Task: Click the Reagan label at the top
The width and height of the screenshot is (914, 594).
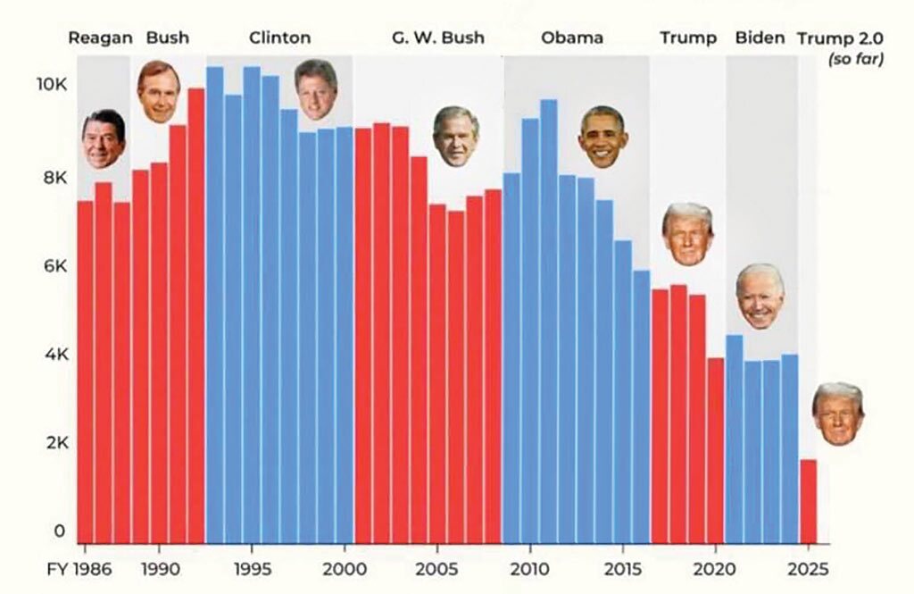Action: point(100,38)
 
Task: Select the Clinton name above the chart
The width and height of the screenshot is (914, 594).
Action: point(279,38)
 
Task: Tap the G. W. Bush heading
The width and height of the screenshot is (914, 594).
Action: point(437,38)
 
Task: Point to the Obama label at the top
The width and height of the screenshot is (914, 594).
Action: point(571,38)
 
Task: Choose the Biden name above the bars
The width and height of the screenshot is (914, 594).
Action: point(760,38)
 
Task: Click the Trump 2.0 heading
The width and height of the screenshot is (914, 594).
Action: point(840,38)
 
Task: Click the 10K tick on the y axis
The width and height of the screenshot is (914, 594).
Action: point(51,85)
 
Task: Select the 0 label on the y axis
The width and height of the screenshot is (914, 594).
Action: point(60,531)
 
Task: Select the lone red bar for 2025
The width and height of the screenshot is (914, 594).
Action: point(808,500)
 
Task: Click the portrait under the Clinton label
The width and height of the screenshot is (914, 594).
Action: point(316,89)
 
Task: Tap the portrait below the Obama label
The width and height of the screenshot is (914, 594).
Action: point(603,137)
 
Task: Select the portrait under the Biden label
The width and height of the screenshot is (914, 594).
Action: point(760,296)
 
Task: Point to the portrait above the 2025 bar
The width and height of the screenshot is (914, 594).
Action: point(838,414)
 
